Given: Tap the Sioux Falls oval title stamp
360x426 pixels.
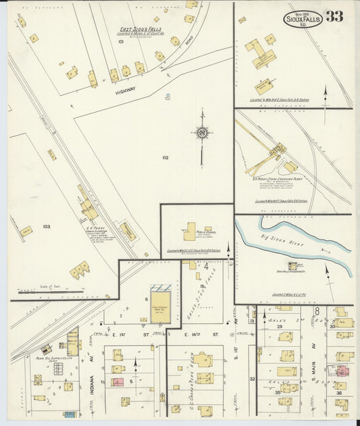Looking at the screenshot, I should [x=303, y=20].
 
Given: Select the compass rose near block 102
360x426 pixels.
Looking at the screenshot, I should [x=201, y=133].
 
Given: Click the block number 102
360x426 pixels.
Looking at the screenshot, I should [x=165, y=158].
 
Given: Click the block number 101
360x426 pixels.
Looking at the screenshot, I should [x=121, y=42].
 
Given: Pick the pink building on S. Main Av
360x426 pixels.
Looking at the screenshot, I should [x=341, y=371].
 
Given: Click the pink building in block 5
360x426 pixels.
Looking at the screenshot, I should [x=118, y=382].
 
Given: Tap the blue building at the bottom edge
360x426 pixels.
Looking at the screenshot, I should [x=70, y=415].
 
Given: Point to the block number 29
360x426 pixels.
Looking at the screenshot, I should [x=278, y=325].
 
